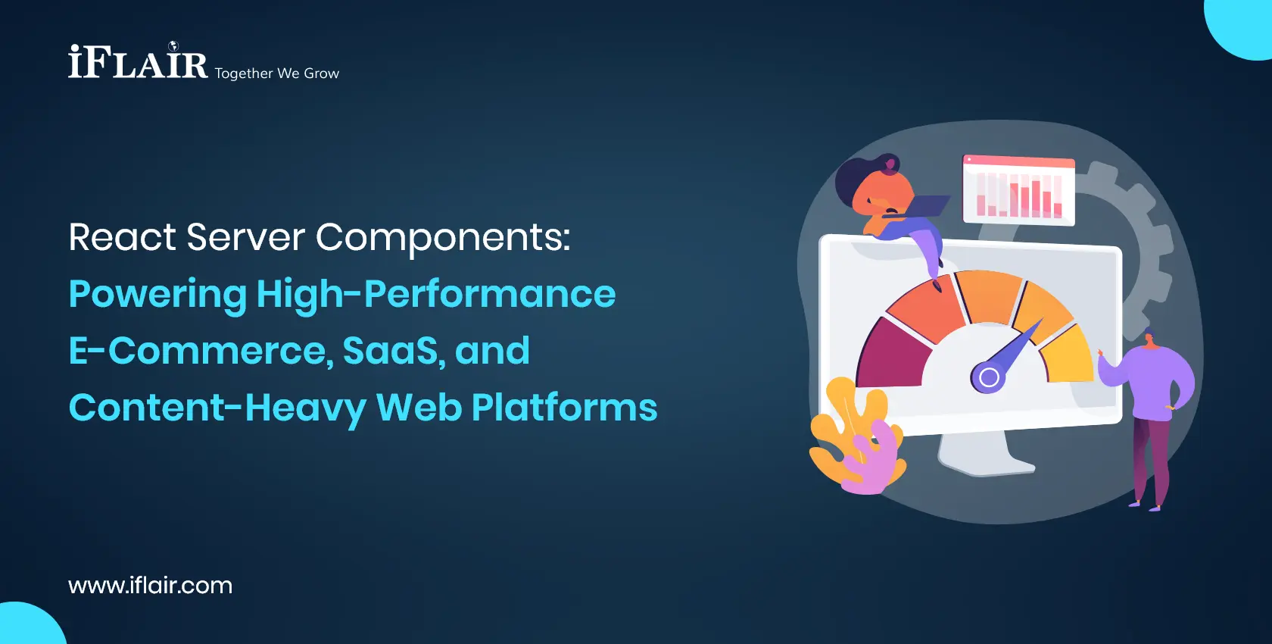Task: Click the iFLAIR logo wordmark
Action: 138,62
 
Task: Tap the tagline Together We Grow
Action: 276,73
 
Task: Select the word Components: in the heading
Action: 442,238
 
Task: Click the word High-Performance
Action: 436,294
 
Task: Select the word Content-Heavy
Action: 217,408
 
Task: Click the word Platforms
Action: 564,408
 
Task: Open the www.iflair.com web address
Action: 150,586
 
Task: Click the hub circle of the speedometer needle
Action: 988,377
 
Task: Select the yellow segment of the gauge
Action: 1068,353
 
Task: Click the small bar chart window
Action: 1018,191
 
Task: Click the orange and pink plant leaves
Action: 856,439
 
